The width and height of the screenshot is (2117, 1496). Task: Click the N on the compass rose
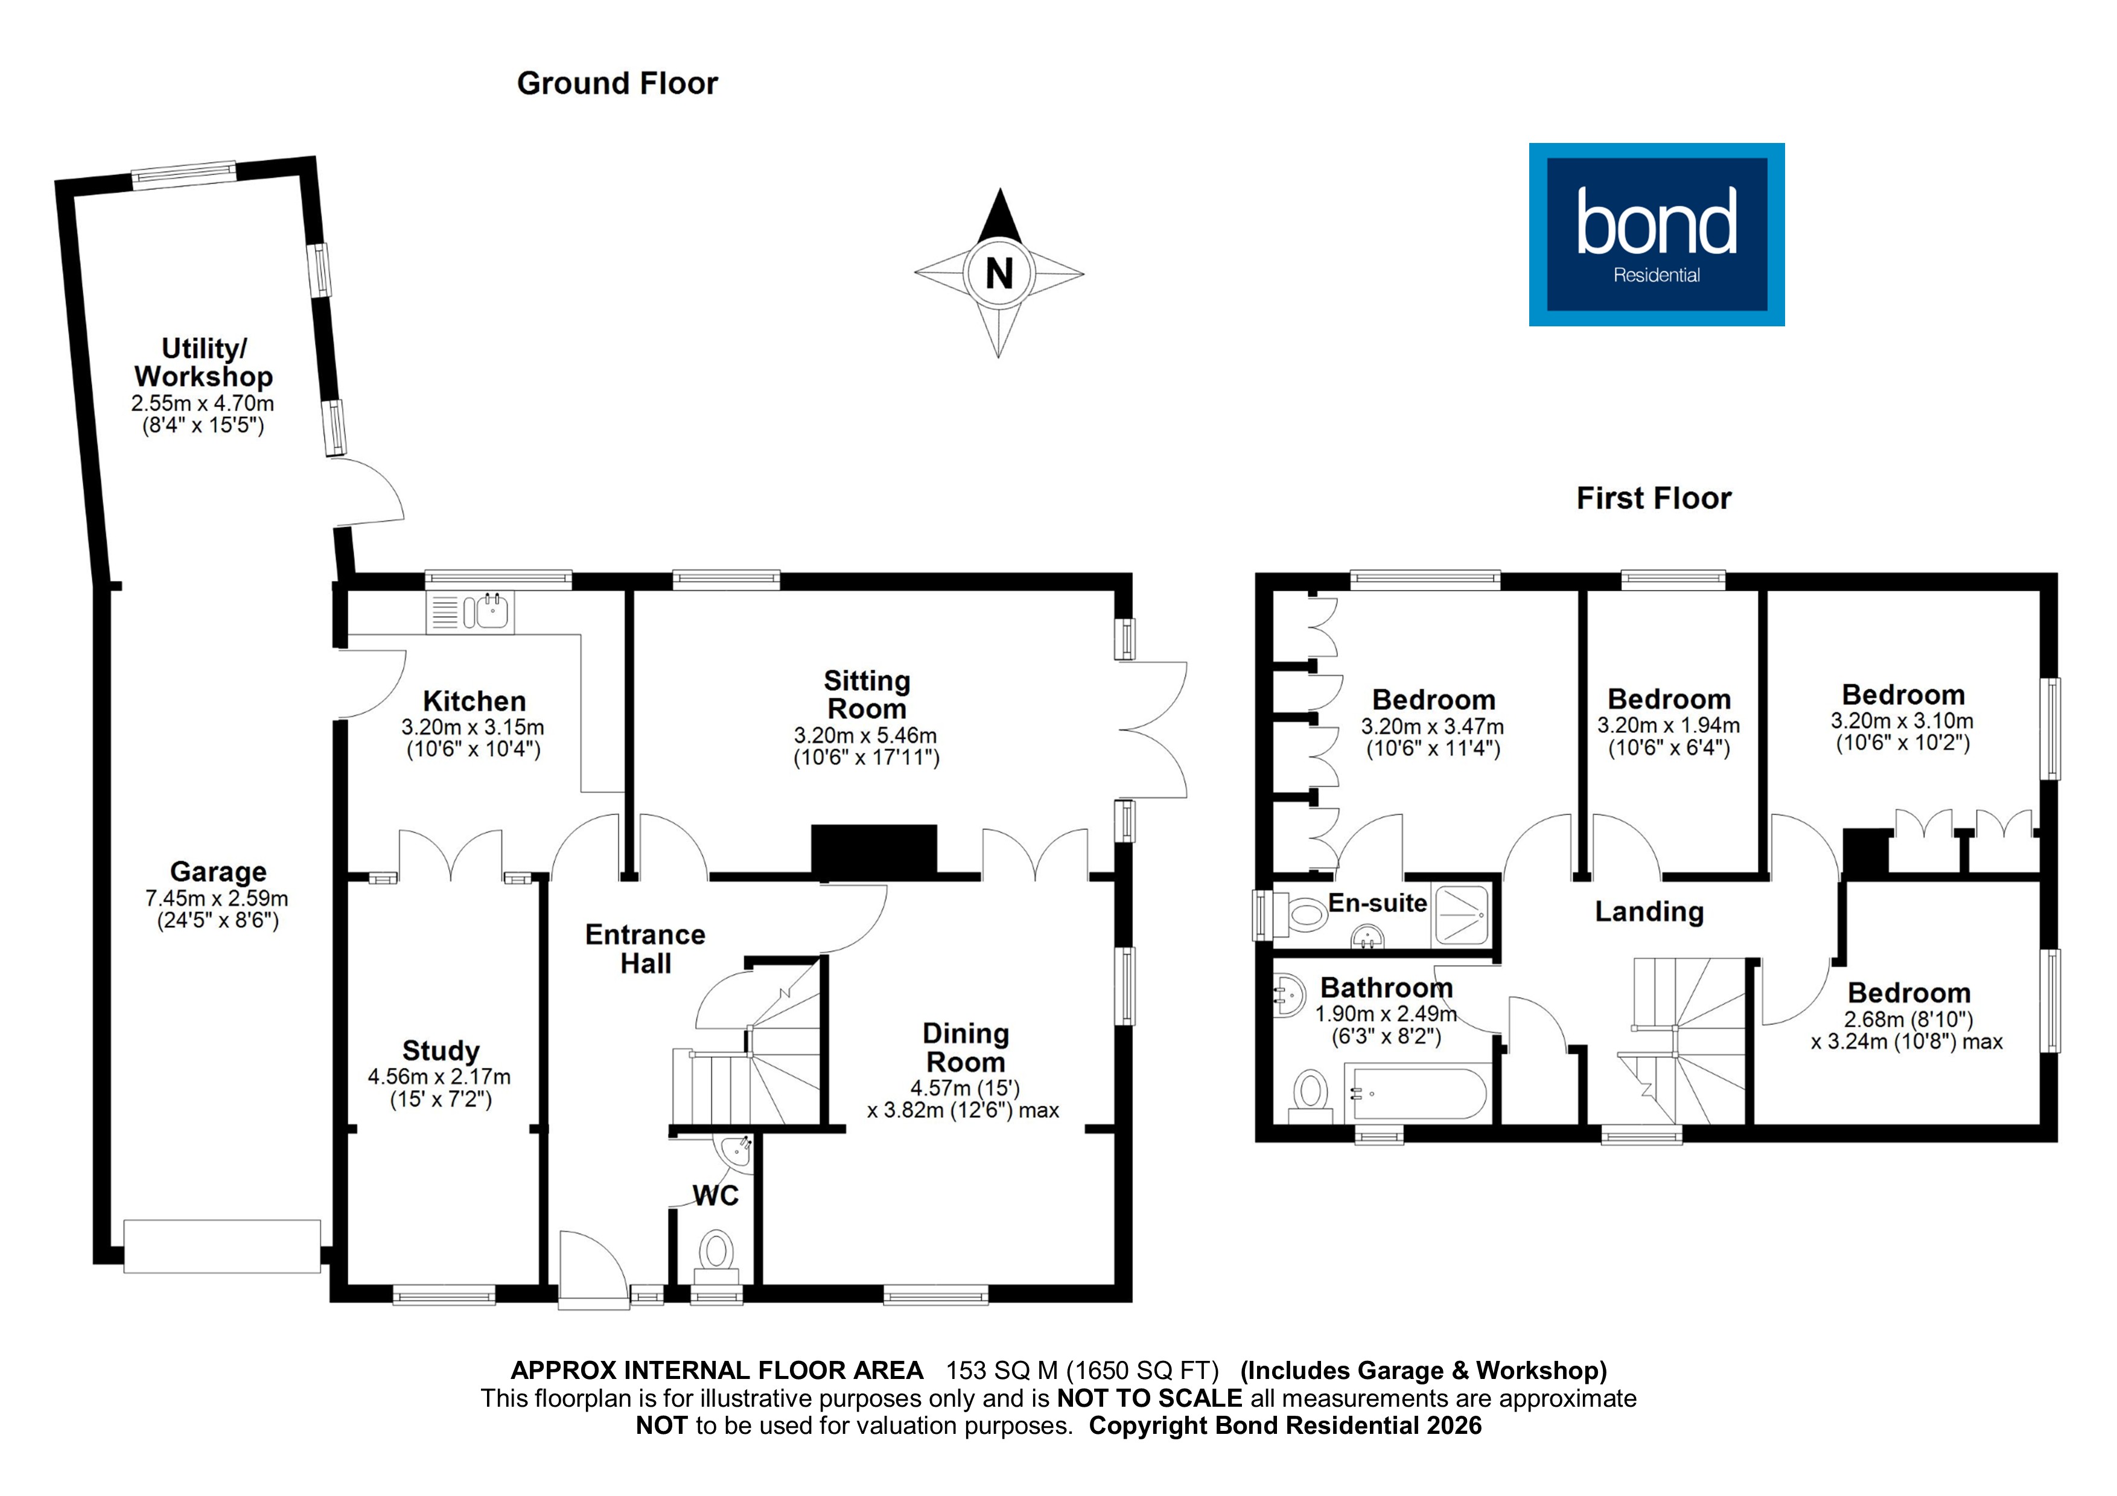(999, 274)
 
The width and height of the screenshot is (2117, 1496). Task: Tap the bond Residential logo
(1656, 234)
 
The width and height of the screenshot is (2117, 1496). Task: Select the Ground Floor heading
(617, 84)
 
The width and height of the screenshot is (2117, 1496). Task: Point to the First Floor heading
(1653, 499)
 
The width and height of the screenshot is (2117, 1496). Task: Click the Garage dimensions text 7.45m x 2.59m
(217, 898)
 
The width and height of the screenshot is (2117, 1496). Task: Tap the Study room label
(441, 1051)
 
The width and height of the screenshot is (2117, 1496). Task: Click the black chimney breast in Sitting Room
(873, 849)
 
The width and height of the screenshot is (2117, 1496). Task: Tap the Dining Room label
(966, 1047)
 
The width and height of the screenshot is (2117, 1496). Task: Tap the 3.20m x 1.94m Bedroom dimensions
(1668, 726)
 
